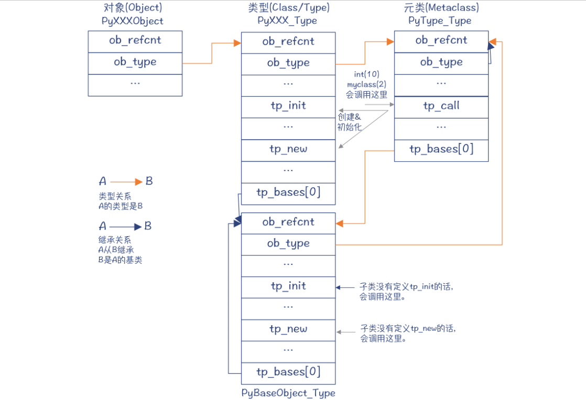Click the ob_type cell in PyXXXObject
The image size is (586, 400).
[135, 63]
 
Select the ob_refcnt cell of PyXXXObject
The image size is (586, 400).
[135, 41]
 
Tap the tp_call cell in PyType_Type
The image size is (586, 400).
[441, 106]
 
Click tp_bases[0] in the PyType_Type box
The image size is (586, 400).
[441, 150]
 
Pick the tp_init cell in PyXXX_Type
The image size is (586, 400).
[288, 106]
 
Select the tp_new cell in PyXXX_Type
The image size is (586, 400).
[288, 150]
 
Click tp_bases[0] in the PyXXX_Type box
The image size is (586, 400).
[288, 193]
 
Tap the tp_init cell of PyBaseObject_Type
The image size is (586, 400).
[288, 287]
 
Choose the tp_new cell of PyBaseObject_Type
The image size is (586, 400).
[288, 330]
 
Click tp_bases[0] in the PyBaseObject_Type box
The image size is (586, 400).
[288, 373]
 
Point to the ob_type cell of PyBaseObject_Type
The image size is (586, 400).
[288, 244]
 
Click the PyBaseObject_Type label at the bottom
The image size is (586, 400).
[288, 393]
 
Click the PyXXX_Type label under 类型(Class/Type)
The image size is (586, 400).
[287, 21]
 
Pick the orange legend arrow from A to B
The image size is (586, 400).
[126, 182]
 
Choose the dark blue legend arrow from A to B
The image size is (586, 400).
[126, 227]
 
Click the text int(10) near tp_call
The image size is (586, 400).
[366, 74]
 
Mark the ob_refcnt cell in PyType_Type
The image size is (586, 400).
[441, 41]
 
